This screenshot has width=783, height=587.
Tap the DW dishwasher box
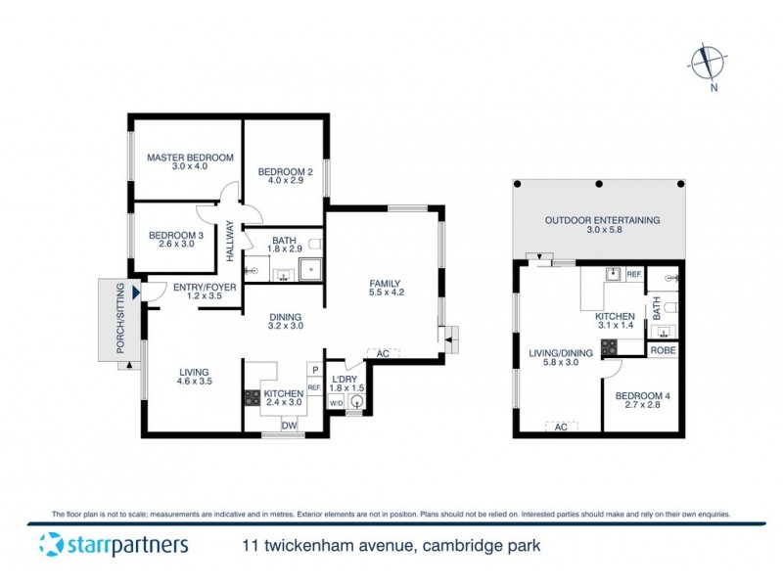290,426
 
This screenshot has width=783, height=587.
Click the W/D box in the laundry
336,402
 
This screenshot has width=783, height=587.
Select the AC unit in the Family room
383,352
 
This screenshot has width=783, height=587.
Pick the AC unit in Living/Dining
561,427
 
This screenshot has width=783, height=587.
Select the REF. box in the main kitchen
314,388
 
